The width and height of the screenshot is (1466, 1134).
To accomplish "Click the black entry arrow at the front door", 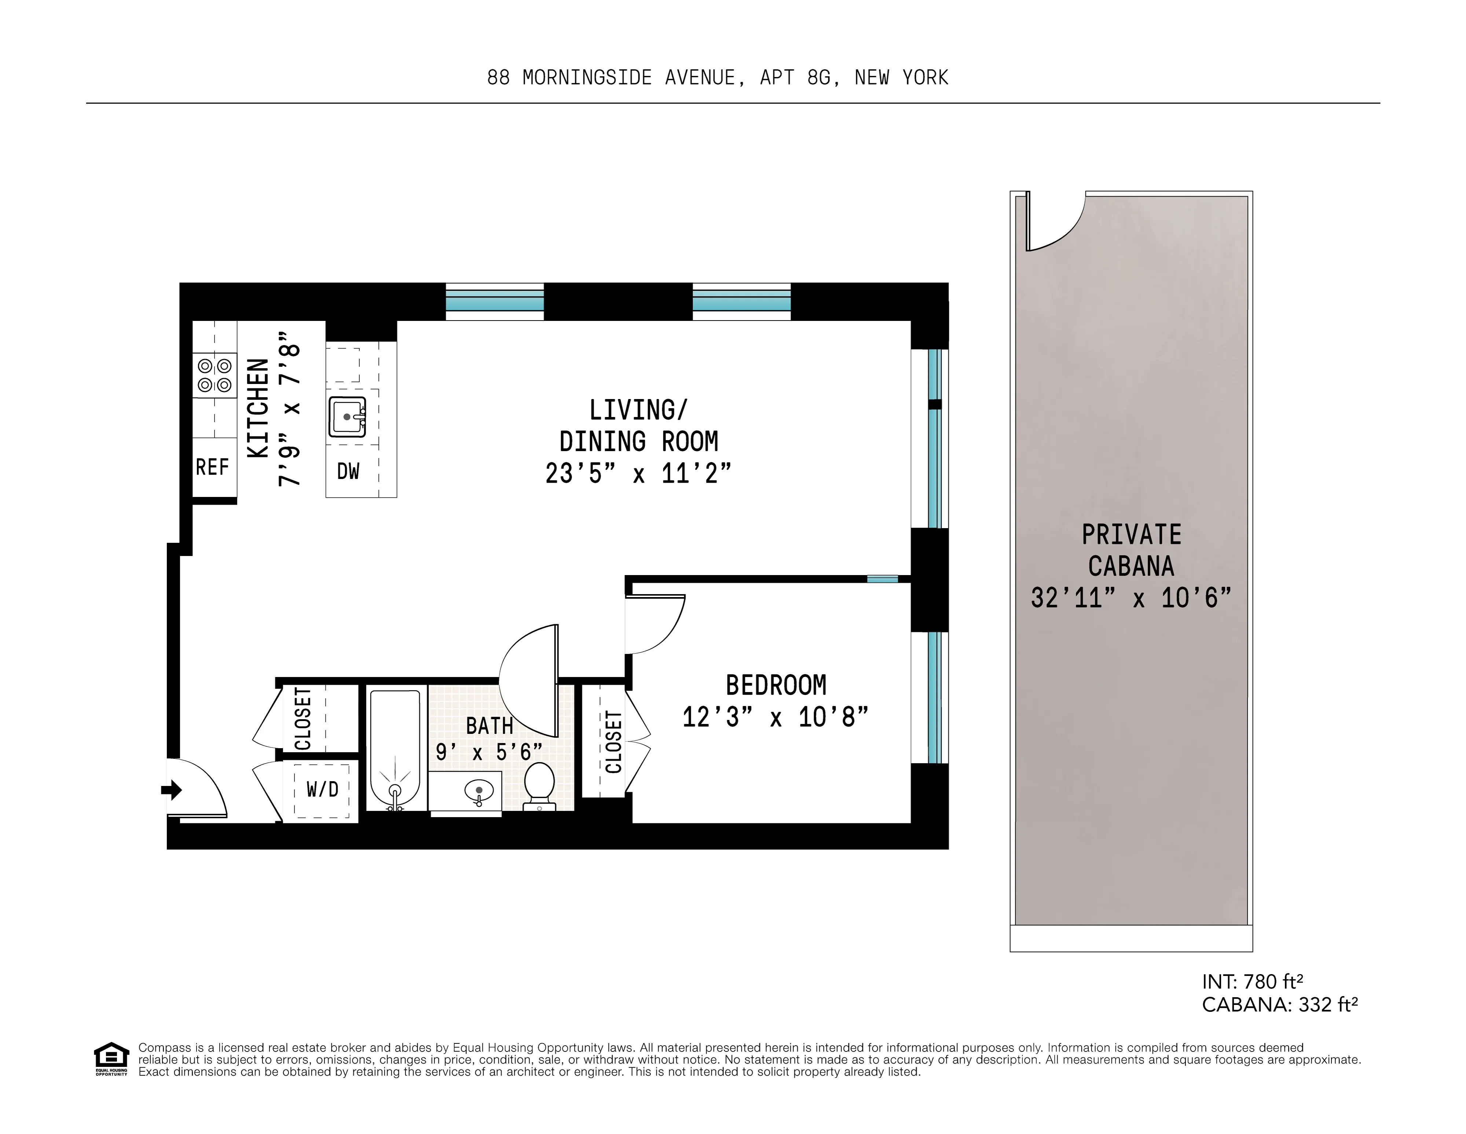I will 172,790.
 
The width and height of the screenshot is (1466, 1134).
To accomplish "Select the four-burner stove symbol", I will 215,375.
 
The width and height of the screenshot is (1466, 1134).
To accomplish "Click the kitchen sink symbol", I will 347,417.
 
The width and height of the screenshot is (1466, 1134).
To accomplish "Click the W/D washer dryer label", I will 322,790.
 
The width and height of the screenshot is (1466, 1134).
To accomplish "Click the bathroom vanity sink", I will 479,791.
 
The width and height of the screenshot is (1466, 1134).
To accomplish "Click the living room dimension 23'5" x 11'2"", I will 638,474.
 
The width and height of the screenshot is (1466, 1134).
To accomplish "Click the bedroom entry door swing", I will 655,625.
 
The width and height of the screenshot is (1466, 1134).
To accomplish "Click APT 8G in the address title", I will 799,78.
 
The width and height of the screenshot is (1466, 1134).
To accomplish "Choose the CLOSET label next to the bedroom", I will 613,742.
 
